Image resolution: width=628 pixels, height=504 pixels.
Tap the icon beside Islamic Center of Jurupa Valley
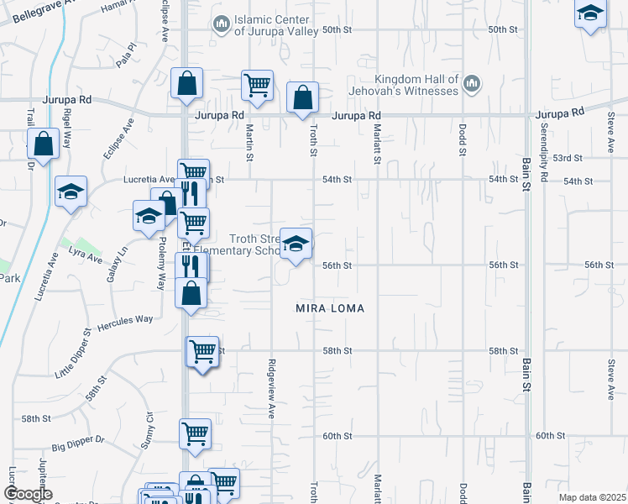[221, 24]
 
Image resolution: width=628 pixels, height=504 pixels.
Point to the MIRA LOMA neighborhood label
[330, 308]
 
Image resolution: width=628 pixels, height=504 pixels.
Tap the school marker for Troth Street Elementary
[296, 244]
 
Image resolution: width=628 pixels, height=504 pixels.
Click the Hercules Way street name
[125, 320]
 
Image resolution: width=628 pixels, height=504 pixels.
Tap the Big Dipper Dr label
[77, 438]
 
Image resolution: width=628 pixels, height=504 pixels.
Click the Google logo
[28, 494]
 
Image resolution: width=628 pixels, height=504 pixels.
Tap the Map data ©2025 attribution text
[591, 497]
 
